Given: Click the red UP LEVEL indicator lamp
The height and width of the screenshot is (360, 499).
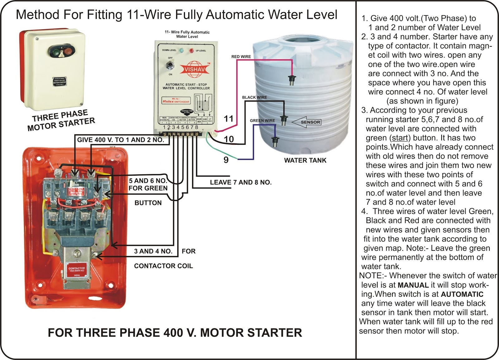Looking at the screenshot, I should (x=191, y=51).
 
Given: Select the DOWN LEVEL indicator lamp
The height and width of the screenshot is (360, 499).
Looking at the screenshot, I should (x=181, y=50).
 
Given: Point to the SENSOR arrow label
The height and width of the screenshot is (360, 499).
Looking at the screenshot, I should (x=307, y=122).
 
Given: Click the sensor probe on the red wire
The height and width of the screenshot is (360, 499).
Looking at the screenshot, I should (x=292, y=80).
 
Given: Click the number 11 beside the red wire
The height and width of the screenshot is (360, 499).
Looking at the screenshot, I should (x=229, y=119).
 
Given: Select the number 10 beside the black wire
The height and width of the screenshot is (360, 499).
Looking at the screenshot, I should (x=229, y=139).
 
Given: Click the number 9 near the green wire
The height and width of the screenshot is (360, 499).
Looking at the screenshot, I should (x=226, y=160).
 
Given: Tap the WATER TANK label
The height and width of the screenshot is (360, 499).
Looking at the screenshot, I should (x=305, y=160).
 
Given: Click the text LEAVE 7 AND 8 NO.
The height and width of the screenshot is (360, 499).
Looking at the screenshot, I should (x=241, y=182).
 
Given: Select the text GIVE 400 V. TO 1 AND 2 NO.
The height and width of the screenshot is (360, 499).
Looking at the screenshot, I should (x=120, y=140).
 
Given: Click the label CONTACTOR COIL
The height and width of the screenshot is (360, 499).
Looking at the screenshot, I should (x=163, y=266).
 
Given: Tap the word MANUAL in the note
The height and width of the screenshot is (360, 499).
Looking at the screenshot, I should (x=413, y=285).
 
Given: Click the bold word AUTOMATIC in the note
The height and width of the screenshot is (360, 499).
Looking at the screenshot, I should (x=462, y=294).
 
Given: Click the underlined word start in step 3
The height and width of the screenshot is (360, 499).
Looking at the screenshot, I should (x=400, y=138).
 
